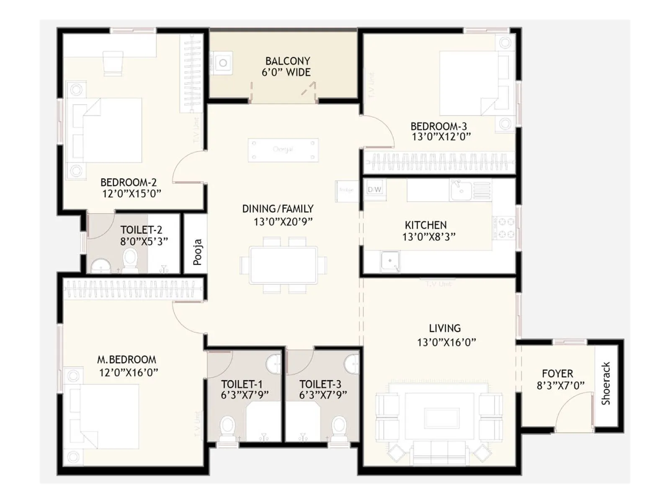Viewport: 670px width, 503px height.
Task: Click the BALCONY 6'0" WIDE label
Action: (x=287, y=67)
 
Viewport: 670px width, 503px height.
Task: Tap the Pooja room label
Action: (x=197, y=252)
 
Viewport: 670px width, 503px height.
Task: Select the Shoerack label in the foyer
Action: (x=606, y=384)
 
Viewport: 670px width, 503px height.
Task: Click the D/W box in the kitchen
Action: (x=374, y=189)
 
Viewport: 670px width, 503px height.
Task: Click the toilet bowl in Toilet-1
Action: (x=227, y=427)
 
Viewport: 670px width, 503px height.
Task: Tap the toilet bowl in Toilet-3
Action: (x=339, y=427)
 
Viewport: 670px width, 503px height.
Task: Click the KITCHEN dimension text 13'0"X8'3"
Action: (x=429, y=237)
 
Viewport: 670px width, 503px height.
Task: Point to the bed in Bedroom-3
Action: (x=469, y=83)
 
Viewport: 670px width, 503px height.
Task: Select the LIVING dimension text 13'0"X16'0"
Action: (x=446, y=342)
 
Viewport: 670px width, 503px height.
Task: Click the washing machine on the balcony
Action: (x=222, y=63)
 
